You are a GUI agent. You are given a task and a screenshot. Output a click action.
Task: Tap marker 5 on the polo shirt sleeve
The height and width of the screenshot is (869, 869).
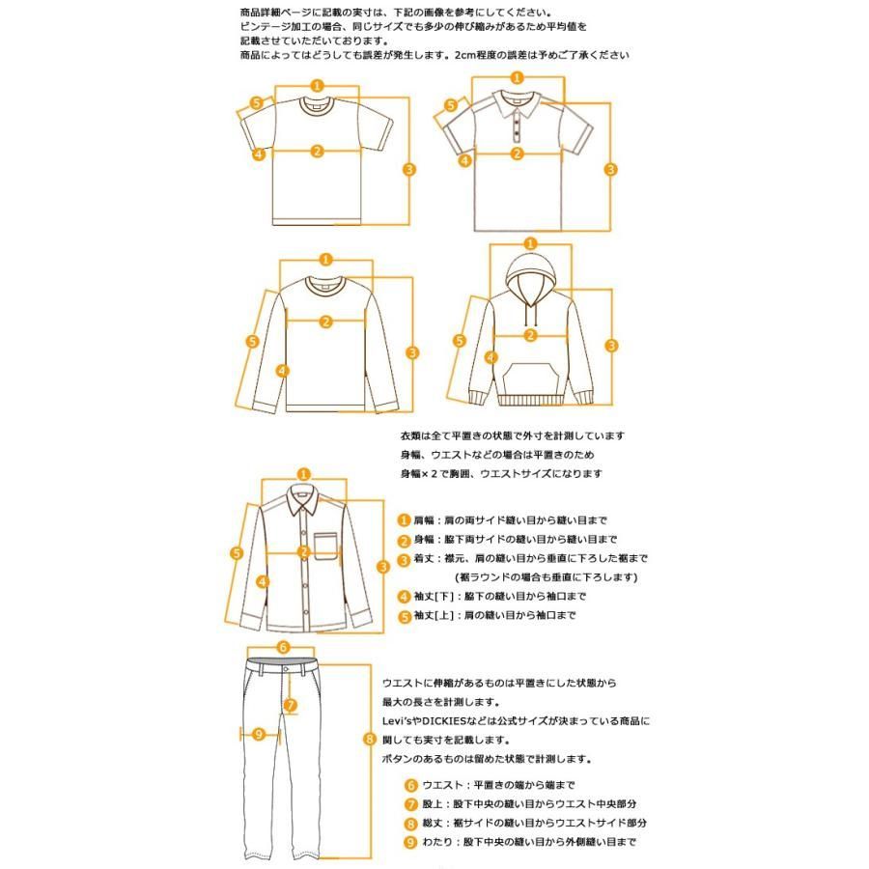tap(450, 105)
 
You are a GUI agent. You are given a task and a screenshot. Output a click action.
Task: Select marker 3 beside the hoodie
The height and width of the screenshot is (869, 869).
tap(611, 346)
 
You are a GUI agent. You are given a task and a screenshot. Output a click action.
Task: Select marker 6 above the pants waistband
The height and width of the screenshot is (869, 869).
tap(283, 647)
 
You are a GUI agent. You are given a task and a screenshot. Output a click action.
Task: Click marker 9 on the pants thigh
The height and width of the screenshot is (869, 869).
tap(258, 735)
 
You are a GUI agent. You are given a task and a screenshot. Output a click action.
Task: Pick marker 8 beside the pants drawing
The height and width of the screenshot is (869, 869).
tap(369, 740)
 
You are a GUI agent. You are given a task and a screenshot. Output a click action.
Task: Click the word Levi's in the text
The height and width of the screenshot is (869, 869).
tap(400, 721)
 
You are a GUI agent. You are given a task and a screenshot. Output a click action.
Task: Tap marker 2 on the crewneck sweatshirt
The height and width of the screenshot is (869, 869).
tap(325, 322)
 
